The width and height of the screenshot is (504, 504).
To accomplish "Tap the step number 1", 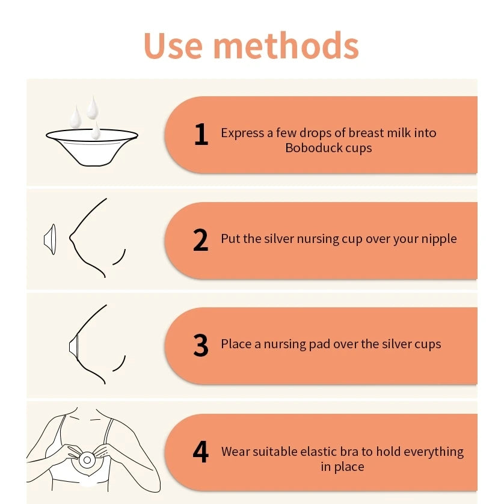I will click(201, 135).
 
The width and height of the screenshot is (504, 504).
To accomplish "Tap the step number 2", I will click(201, 241).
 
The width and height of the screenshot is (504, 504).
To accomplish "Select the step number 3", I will click(201, 346).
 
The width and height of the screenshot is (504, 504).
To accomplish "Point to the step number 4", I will click(201, 452).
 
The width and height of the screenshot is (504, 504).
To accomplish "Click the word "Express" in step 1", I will click(241, 133).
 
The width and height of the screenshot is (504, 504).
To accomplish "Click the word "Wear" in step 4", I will click(236, 451).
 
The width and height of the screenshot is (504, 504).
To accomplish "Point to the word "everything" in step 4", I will click(433, 451).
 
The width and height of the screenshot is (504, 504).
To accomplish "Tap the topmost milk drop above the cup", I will click(92, 107).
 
